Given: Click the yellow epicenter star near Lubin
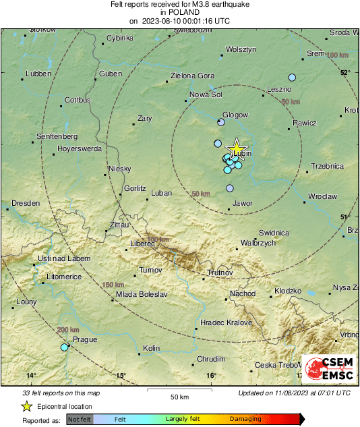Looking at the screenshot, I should [x=237, y=149].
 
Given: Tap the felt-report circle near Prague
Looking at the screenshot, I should [x=65, y=347].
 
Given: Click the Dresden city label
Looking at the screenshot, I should [x=26, y=202].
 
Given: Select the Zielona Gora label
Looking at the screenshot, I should [x=193, y=76].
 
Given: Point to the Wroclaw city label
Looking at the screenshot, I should [x=322, y=196].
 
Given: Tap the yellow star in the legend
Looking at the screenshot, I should [x=26, y=406].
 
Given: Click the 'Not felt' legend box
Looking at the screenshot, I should [x=80, y=419].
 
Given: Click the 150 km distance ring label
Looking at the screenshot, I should [x=113, y=285].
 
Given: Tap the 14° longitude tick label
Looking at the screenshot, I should [x=30, y=376].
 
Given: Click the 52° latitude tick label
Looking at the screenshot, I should [x=345, y=72].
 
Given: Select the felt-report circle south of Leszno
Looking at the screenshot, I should [x=292, y=77].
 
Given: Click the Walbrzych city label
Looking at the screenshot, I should [x=258, y=243].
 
